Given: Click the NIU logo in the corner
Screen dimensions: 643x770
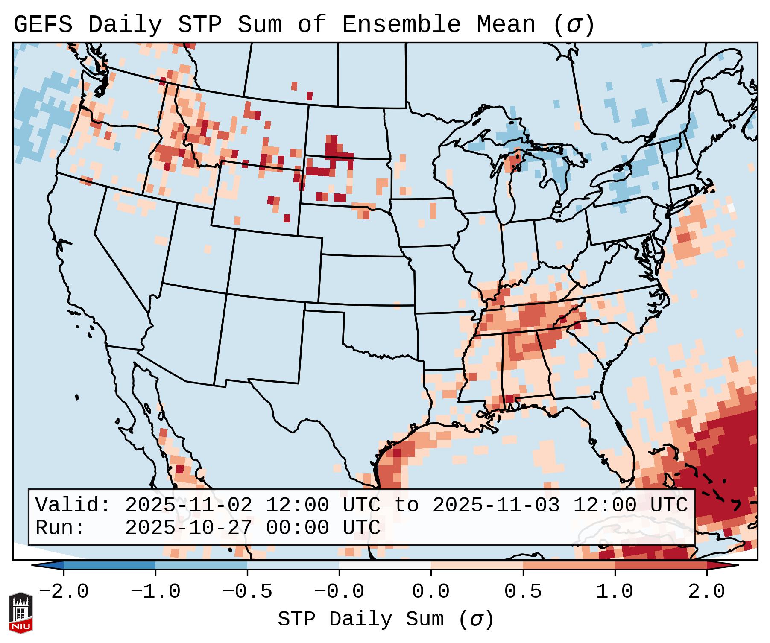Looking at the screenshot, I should (20, 612).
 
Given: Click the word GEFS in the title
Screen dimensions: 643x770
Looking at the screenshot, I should (43, 25).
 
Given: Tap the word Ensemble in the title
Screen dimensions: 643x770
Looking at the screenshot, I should (401, 25).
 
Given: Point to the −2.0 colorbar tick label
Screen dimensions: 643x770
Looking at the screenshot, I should (64, 592).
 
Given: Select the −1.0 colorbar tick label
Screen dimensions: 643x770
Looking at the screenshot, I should (155, 592).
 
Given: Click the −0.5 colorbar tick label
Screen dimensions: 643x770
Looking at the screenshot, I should (247, 592).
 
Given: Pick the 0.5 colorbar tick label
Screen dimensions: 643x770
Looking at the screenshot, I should (523, 592).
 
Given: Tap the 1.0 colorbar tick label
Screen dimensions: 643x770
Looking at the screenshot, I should (615, 592).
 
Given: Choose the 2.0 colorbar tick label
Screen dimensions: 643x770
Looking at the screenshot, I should (707, 592).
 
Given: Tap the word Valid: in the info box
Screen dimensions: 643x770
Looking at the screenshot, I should (73, 505).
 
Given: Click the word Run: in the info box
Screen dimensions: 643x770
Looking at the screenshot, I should (60, 528).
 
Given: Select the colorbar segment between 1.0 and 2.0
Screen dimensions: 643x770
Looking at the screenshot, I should (661, 565).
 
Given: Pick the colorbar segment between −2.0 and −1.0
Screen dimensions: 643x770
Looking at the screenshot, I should (109, 565).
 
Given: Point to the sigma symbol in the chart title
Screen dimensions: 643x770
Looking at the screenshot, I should (574, 25).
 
